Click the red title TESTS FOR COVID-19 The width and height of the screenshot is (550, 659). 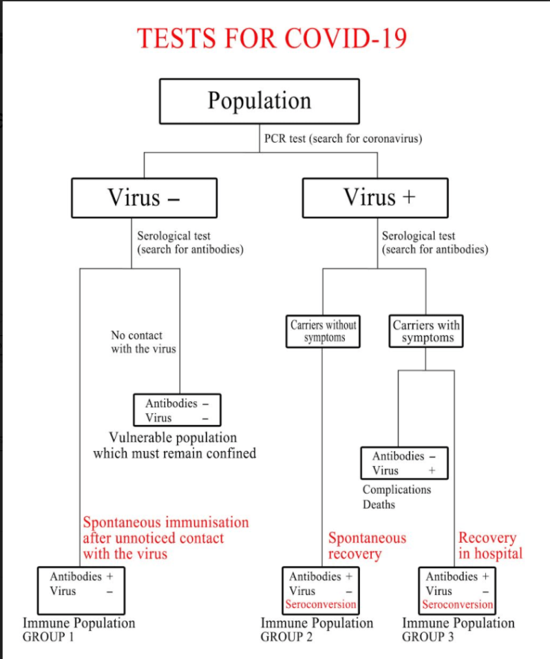coord(272,38)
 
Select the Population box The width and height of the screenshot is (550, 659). coord(260,101)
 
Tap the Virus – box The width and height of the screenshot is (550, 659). coord(144,198)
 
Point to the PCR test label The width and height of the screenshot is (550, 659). coord(343,138)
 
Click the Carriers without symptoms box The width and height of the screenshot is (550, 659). coord(324,331)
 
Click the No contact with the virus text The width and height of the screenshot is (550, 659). coord(143,342)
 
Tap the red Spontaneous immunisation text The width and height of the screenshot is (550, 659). coord(165,538)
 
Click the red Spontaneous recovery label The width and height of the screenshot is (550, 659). coord(367,545)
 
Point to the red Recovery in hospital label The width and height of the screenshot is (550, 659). coord(490,545)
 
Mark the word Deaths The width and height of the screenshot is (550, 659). coord(379,505)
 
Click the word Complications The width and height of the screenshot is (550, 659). coord(396,490)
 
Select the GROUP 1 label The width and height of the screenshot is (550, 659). coord(47,637)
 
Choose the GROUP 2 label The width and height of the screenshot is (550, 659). coord(286,637)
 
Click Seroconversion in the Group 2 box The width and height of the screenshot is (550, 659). coord(321,605)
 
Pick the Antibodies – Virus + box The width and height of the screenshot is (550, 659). coord(404,463)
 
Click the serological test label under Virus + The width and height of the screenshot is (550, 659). coord(435,242)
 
